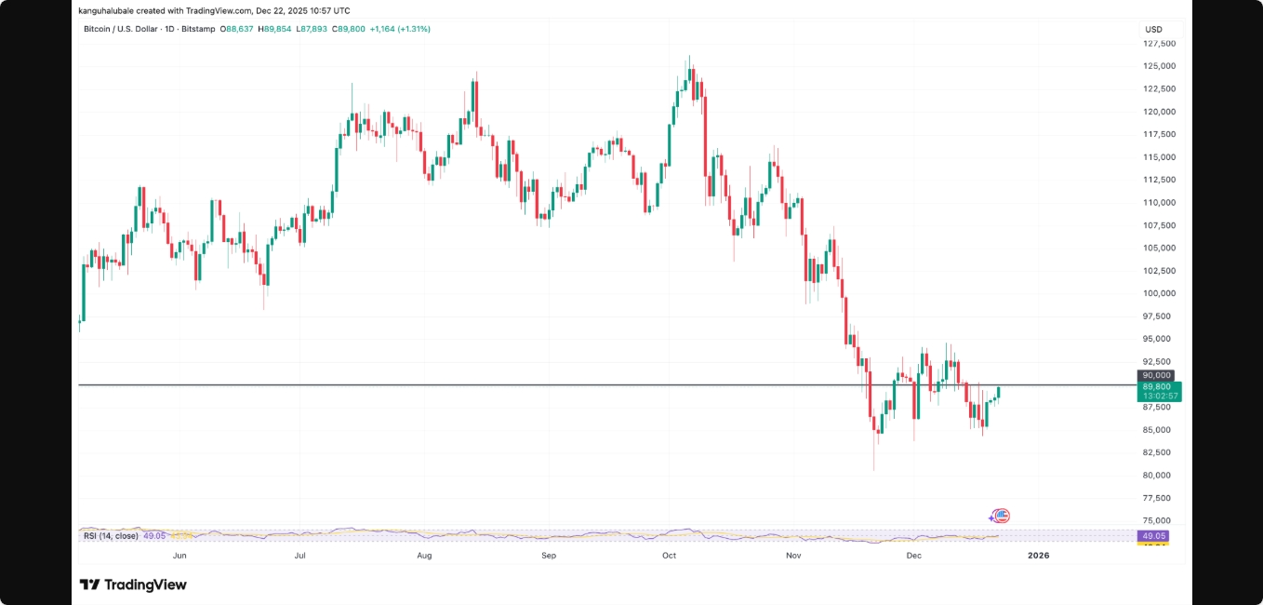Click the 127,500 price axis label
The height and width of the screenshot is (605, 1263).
(x=1159, y=44)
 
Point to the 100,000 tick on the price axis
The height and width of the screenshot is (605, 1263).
(x=1159, y=293)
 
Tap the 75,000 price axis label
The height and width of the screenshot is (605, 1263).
(x=1159, y=520)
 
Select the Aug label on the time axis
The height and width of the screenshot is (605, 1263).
(x=424, y=556)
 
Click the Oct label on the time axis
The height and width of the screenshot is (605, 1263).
(x=669, y=556)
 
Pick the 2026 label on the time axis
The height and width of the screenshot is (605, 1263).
(x=1038, y=556)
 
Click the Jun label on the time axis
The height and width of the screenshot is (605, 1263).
(x=179, y=556)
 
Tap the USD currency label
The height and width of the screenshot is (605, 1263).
(x=1153, y=30)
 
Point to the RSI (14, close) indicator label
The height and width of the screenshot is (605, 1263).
(x=111, y=535)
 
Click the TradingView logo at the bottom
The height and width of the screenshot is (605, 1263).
(x=133, y=585)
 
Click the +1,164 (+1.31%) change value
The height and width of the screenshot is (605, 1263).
(x=399, y=29)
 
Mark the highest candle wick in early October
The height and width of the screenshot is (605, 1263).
(x=689, y=57)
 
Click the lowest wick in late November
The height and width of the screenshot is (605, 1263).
(x=874, y=468)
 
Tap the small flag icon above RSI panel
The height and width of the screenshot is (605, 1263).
(x=1000, y=515)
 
